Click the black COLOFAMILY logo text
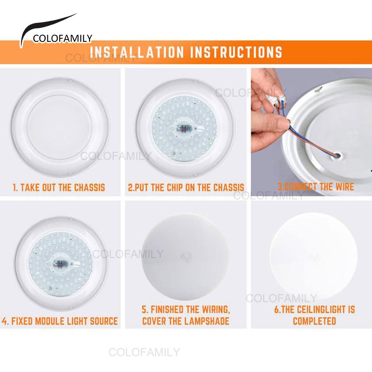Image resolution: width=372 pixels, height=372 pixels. click(62, 39)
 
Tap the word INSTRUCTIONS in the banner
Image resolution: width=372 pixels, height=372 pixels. click(236, 52)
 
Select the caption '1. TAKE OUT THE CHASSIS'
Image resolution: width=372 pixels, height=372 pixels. click(59, 187)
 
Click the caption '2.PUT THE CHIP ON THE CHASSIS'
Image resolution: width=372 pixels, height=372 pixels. click(186, 187)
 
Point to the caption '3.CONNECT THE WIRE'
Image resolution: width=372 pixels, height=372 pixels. click(316, 187)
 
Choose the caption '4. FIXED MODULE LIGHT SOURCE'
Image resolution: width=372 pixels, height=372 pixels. click(60, 321)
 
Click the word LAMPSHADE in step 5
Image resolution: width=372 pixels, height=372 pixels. click(206, 321)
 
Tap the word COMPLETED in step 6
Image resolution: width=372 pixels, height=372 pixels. click(314, 321)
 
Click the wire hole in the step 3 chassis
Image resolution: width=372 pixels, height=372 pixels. click(337, 156)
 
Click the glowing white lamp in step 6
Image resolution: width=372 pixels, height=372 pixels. click(313, 257)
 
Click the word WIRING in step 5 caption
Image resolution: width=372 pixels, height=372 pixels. click(216, 310)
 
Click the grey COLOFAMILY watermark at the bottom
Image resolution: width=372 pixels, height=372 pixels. click(144, 352)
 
